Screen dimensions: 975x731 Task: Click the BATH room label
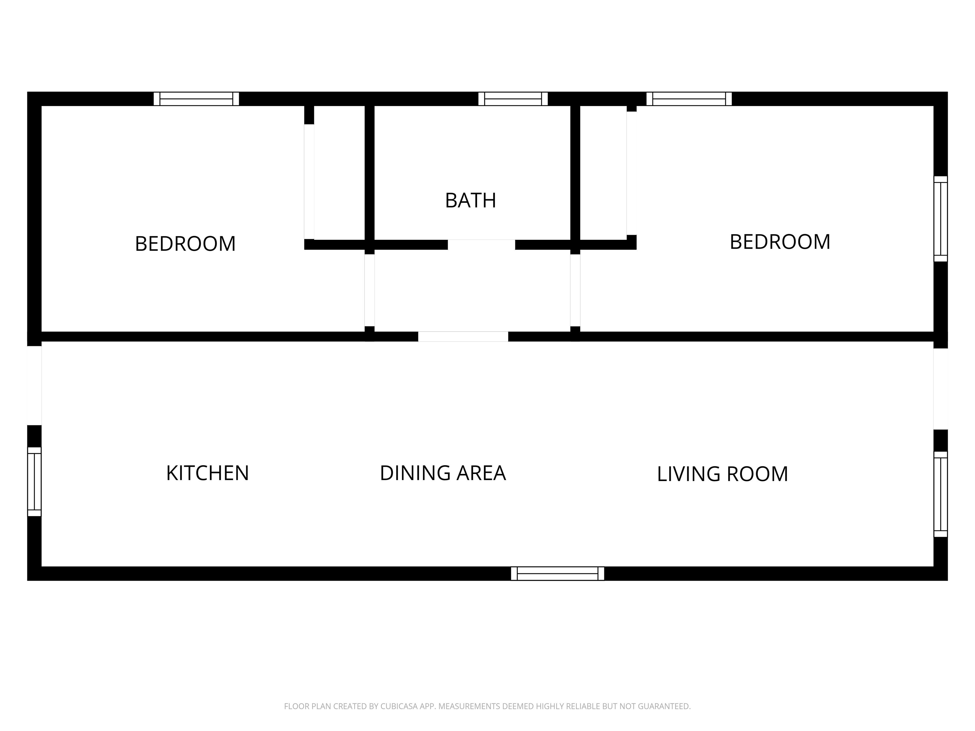[470, 201]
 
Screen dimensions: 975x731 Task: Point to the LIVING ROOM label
[722, 474]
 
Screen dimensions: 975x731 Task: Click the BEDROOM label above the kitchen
[185, 244]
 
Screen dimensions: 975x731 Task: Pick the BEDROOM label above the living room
[780, 242]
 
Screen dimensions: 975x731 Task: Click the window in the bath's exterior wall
[513, 99]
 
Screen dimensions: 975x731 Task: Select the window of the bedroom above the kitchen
[196, 99]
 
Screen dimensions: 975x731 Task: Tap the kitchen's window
[34, 482]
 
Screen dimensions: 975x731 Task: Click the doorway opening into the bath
[481, 245]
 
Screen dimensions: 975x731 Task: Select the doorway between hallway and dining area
[463, 337]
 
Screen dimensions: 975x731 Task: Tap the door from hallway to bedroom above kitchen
[369, 290]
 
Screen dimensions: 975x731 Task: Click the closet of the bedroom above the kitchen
[339, 173]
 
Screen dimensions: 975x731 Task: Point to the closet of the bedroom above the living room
[603, 173]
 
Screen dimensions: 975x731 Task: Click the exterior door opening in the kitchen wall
[34, 385]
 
